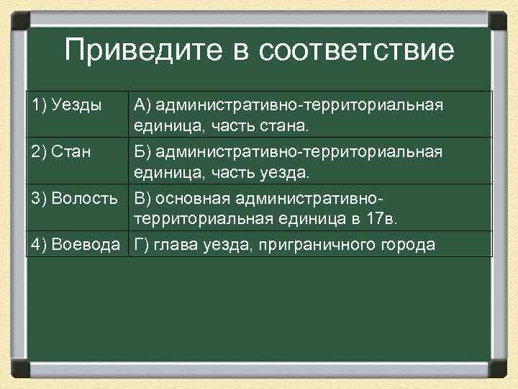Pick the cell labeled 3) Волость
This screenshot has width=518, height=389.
pyautogui.click(x=75, y=198)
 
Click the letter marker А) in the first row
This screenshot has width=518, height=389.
pyautogui.click(x=142, y=106)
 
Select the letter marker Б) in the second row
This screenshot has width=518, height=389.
pyautogui.click(x=142, y=152)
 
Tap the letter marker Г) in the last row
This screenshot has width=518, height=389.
pyautogui.click(x=141, y=245)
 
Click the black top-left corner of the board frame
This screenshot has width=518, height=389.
pyautogui.click(x=19, y=17)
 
